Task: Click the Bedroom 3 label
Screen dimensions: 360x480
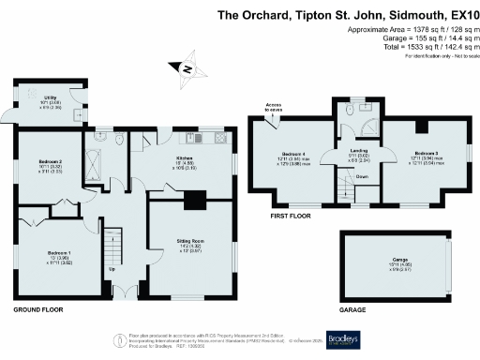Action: tap(425, 155)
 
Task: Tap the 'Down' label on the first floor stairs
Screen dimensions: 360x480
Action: tap(361, 176)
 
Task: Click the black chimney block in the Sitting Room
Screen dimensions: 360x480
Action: tap(194, 199)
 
